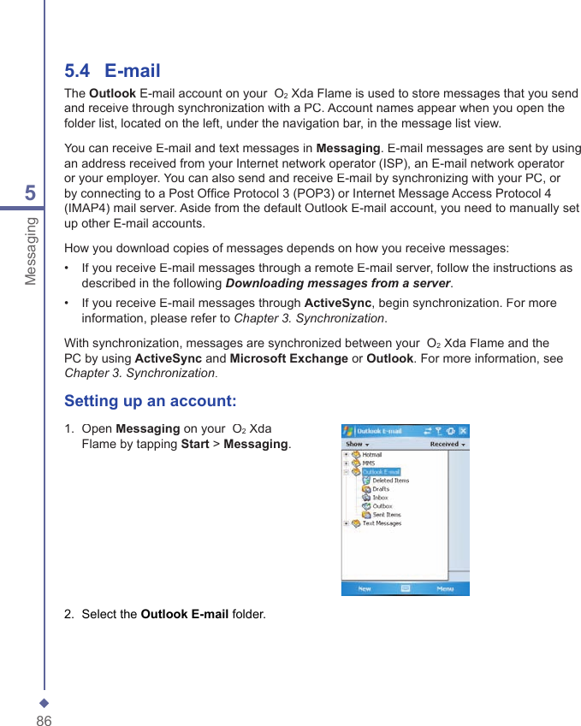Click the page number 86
(44, 721)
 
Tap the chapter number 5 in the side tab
(31, 193)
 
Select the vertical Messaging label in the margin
(32, 251)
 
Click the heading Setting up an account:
(151, 401)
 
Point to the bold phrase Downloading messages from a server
(337, 283)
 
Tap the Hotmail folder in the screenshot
(371, 455)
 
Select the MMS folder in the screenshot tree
(368, 463)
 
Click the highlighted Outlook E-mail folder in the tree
(381, 472)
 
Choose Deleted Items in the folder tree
(389, 481)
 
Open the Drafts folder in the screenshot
(380, 489)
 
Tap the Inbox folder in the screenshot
(379, 498)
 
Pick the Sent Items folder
(386, 515)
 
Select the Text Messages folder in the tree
(381, 523)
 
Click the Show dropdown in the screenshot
(357, 445)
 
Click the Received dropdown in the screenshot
(448, 445)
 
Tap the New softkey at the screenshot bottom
(365, 589)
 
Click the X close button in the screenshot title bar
(463, 432)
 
